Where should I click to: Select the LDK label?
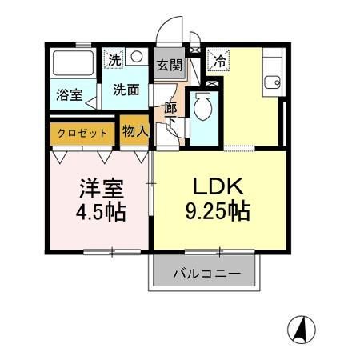tap(218, 186)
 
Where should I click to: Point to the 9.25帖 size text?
tap(218, 211)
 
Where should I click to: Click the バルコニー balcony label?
tap(207, 274)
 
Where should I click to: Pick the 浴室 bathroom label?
tap(67, 94)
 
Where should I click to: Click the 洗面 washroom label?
tap(126, 90)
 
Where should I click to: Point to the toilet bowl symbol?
tap(203, 107)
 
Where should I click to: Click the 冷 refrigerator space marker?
tap(217, 58)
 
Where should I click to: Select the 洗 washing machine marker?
tap(114, 58)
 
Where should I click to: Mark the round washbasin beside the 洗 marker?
tap(136, 57)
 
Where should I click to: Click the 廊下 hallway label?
tap(170, 113)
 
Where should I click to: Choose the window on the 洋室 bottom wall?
tap(112, 252)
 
